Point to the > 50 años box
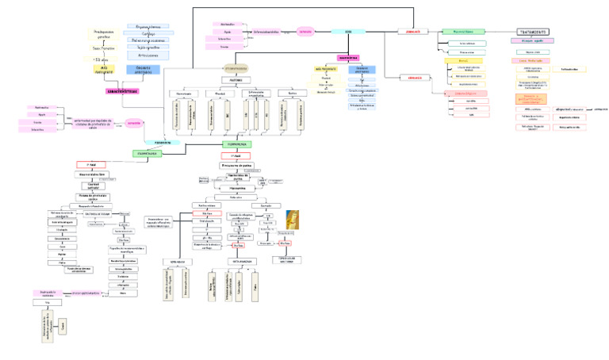point(101,59)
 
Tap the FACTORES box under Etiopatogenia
point(236,80)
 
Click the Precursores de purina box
point(236,165)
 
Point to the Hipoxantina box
point(236,189)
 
